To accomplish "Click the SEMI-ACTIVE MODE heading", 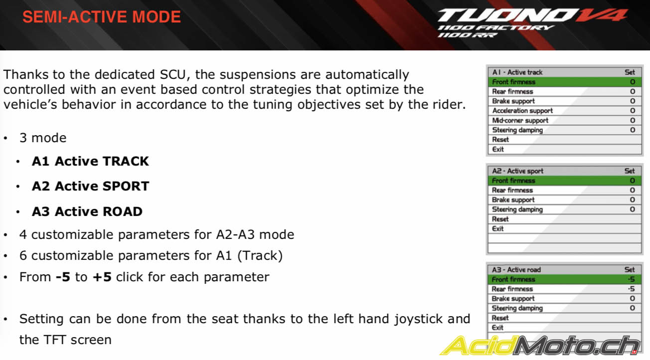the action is coord(102,17).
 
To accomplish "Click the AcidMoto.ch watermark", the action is coord(540,346).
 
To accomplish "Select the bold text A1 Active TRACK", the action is coord(90,161).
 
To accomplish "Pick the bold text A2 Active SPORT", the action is coord(91,186).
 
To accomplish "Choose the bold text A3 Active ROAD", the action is coord(87,211).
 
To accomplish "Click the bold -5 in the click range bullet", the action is coord(63,277).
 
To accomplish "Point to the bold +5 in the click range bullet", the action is coord(102,277).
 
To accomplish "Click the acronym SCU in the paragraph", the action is coord(172,75).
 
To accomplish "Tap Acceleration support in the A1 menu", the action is coord(522,111).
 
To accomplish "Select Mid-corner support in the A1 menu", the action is coord(520,120).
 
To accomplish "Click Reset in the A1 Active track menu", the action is coord(500,140).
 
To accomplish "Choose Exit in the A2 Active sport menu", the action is coord(497,229).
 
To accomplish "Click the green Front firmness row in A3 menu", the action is coord(564,279).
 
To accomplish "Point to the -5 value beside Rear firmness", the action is coord(631,289).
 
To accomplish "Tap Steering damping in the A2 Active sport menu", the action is coord(517,209).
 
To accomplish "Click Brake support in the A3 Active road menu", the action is coord(513,299).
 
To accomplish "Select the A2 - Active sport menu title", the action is coord(518,171).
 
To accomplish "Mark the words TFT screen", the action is coord(77,340).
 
